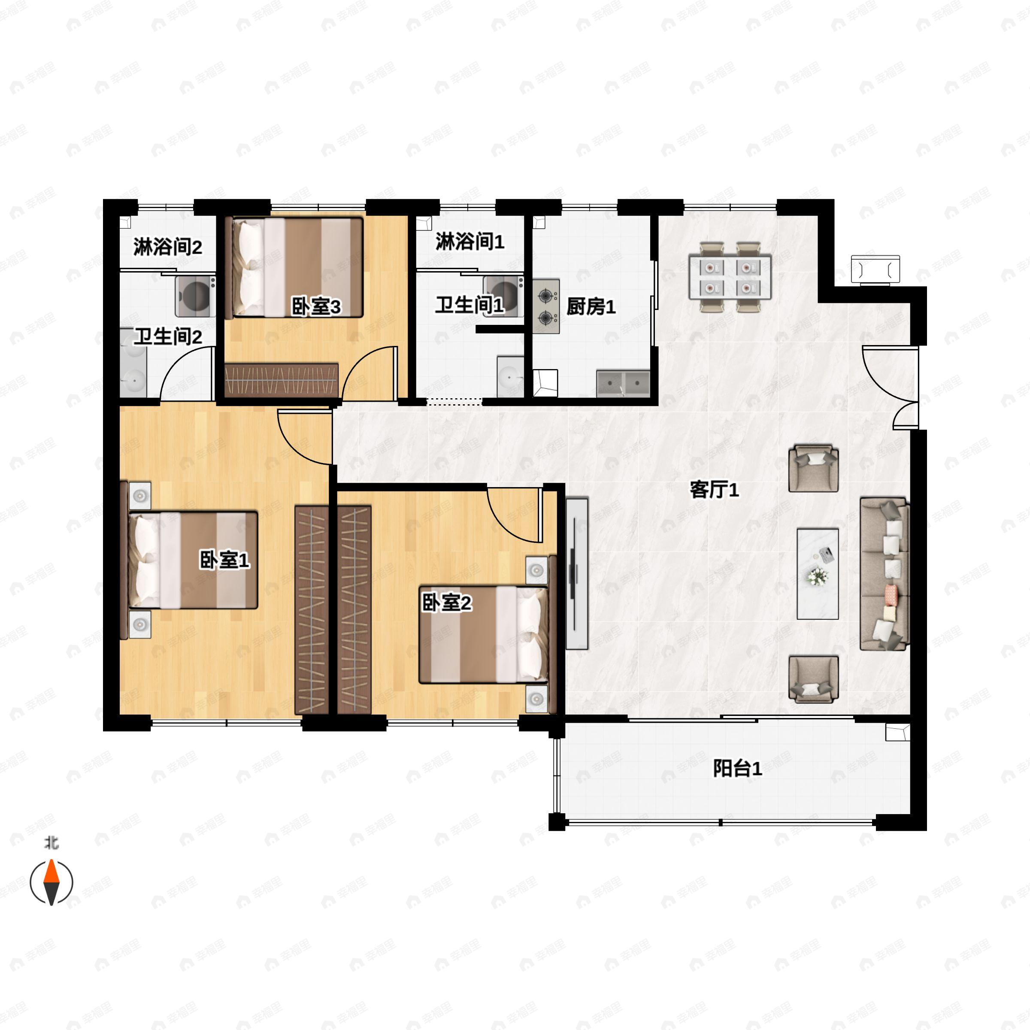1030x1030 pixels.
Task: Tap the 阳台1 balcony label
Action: point(737,768)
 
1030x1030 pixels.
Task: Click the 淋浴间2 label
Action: point(167,247)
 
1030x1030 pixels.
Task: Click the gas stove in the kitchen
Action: point(545,306)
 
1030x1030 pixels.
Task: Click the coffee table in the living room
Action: point(817,574)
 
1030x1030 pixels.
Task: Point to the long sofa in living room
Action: point(885,574)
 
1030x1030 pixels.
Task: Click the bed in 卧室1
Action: point(193,560)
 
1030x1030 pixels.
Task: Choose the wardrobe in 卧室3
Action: point(282,379)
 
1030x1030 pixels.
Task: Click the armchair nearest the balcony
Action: point(813,679)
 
